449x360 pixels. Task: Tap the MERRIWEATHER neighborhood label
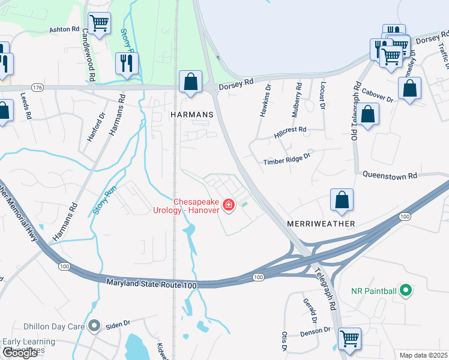click(x=321, y=223)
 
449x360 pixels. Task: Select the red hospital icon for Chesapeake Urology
click(x=228, y=206)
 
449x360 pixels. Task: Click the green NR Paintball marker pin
click(x=406, y=292)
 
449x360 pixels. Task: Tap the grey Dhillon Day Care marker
click(x=94, y=326)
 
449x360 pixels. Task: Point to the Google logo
click(x=20, y=353)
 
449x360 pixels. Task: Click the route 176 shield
click(x=38, y=88)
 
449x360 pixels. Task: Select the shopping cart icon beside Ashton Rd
click(x=99, y=23)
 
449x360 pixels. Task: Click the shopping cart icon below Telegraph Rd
click(x=349, y=338)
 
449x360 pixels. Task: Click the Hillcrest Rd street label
click(x=290, y=133)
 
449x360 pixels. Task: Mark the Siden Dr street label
click(x=118, y=325)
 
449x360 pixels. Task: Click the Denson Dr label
click(x=316, y=330)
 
